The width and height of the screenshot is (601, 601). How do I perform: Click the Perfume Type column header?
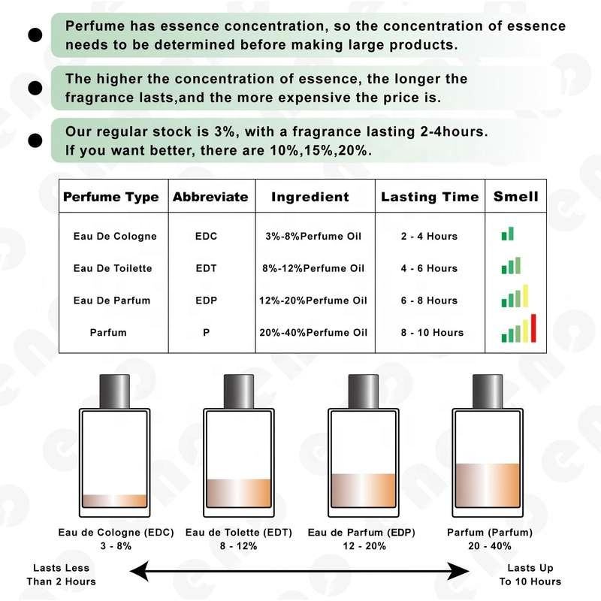pyautogui.click(x=110, y=197)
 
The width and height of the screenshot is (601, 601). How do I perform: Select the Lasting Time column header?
pyautogui.click(x=430, y=197)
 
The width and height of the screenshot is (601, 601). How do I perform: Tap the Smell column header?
pyautogui.click(x=516, y=196)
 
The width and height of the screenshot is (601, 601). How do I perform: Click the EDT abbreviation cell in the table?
pyautogui.click(x=206, y=268)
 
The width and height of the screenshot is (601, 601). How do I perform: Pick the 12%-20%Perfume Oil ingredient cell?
pyautogui.click(x=313, y=300)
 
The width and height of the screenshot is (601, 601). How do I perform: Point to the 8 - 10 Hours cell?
pyautogui.click(x=433, y=333)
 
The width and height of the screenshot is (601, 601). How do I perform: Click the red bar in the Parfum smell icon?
pyautogui.click(x=533, y=328)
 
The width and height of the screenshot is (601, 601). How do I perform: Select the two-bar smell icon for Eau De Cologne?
pyautogui.click(x=508, y=234)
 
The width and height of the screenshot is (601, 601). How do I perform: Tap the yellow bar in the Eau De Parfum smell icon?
pyautogui.click(x=525, y=295)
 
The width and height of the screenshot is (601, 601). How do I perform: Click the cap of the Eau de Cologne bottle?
pyautogui.click(x=115, y=391)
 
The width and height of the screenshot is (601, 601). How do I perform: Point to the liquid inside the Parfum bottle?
pyautogui.click(x=488, y=485)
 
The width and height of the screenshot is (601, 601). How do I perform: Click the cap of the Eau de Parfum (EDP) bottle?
pyautogui.click(x=364, y=391)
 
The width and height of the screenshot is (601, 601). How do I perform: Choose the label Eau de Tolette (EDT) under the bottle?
pyautogui.click(x=239, y=533)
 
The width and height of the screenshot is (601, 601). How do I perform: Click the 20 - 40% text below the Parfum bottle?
pyautogui.click(x=490, y=546)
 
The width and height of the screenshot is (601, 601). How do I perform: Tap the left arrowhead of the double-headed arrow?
pyautogui.click(x=139, y=572)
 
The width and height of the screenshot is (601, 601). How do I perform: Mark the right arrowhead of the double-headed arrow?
pyautogui.click(x=459, y=572)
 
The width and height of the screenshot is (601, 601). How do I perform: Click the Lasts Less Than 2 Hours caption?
pyautogui.click(x=62, y=575)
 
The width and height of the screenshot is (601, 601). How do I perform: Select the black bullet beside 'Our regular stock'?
pyautogui.click(x=35, y=140)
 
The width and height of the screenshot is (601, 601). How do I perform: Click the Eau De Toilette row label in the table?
pyautogui.click(x=113, y=268)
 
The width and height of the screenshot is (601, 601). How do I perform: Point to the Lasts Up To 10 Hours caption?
pyautogui.click(x=530, y=575)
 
